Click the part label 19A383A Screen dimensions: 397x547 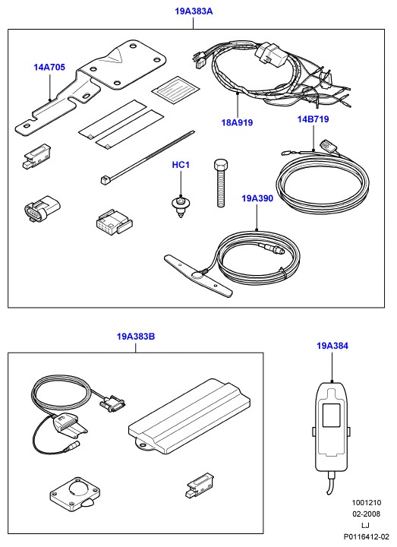pyautogui.click(x=194, y=11)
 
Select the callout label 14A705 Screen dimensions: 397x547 pyautogui.click(x=49, y=68)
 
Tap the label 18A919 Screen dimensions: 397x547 pyautogui.click(x=237, y=123)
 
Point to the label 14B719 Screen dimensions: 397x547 pyautogui.click(x=313, y=119)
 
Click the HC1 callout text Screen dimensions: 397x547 pyautogui.click(x=181, y=165)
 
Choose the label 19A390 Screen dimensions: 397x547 pyautogui.click(x=257, y=198)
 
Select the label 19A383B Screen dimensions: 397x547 pyautogui.click(x=136, y=337)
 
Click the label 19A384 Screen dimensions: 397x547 pyautogui.click(x=332, y=346)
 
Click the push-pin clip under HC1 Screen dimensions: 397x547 pyautogui.click(x=181, y=207)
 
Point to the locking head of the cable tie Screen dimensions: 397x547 pyautogui.click(x=104, y=180)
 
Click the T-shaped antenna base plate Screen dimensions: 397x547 pyautogui.click(x=197, y=276)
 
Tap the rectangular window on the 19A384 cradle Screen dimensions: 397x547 pyautogui.click(x=331, y=415)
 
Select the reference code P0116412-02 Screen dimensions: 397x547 pyautogui.click(x=366, y=536)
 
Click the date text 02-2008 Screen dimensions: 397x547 pyautogui.click(x=366, y=514)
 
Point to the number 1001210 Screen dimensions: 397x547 pyautogui.click(x=366, y=503)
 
